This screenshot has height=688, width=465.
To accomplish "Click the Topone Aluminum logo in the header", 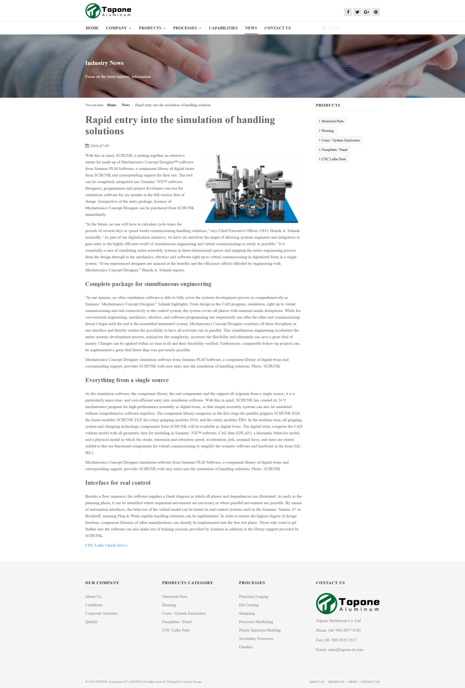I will [109, 11].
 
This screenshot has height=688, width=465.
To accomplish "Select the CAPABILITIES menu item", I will [223, 28].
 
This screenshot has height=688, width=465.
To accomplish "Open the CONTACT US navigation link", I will [277, 28].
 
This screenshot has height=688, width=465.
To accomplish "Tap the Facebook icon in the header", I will [348, 12].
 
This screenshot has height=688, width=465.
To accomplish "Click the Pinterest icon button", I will [376, 12].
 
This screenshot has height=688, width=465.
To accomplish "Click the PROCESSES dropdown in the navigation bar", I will [187, 28].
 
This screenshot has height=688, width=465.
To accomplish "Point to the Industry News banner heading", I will [104, 63].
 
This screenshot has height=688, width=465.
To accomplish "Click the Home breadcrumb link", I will [112, 105].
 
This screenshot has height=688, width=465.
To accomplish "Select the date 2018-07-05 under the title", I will [99, 146].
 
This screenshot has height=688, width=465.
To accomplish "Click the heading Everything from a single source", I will [127, 380].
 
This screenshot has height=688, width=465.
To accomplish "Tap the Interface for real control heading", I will [118, 483].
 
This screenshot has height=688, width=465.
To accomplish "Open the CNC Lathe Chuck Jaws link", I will [106, 545].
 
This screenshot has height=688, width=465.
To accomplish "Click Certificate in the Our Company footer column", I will [94, 605].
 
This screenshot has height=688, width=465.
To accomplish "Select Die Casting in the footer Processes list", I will [249, 605].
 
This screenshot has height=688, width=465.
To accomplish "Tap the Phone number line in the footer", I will [338, 630].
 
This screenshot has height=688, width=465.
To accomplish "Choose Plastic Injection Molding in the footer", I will [260, 630].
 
